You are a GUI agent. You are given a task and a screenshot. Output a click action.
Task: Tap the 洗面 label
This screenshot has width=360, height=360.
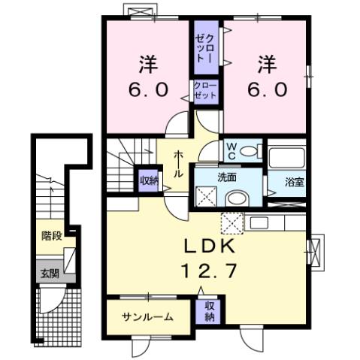228,178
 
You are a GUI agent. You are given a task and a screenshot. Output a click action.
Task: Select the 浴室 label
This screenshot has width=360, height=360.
295,181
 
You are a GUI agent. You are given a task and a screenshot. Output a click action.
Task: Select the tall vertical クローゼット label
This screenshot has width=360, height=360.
204,48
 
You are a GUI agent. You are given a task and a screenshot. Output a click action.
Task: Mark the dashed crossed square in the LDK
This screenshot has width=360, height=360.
231,223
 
